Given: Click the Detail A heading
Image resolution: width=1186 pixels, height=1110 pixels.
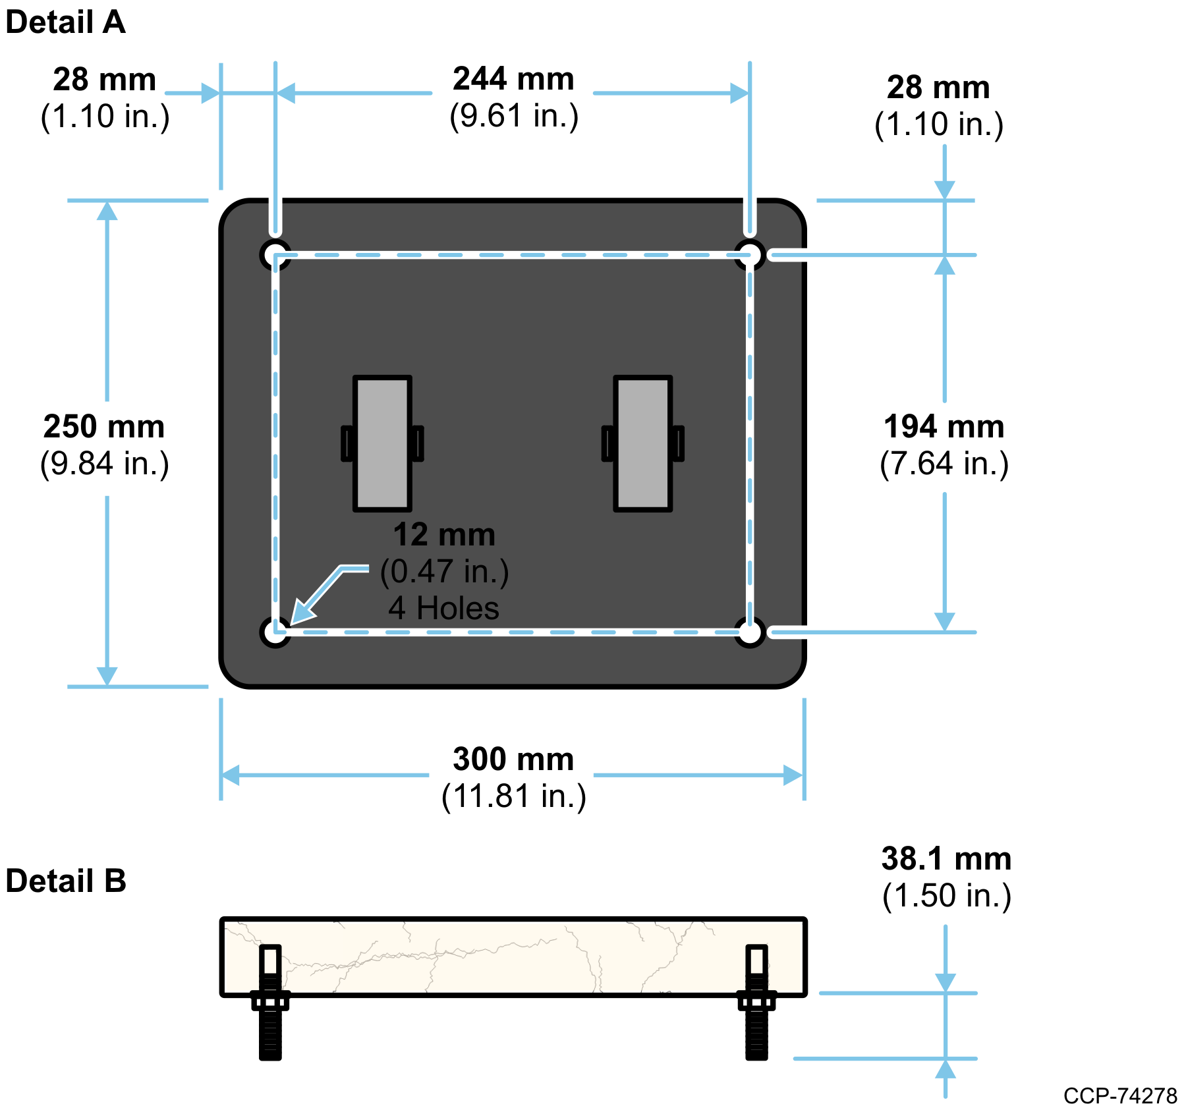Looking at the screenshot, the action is coord(65,22).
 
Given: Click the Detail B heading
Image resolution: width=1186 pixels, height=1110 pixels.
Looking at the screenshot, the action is coord(66,881).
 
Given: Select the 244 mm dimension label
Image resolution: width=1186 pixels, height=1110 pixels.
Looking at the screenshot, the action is coord(513,79).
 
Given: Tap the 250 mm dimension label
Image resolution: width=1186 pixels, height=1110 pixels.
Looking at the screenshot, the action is coord(104,427).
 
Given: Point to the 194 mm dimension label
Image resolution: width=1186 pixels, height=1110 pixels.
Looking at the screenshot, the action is coord(944,427).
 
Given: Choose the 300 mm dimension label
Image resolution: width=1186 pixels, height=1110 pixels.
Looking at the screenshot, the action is coord(513,759).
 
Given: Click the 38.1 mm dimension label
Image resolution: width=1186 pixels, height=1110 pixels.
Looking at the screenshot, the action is coord(947,859).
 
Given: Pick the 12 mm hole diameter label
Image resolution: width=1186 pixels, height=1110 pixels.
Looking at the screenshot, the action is coord(445,535).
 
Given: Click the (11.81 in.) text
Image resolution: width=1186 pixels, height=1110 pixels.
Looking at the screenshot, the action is coord(514,796).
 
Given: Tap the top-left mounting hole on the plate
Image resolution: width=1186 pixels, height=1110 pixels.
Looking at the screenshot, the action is coord(275,255).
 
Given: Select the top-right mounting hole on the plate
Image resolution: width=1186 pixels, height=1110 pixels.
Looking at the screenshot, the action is coord(750,255).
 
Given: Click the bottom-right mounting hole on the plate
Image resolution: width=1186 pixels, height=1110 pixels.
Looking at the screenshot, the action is coord(750,632).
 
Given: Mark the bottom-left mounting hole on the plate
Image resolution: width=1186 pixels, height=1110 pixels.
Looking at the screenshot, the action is coord(275,632).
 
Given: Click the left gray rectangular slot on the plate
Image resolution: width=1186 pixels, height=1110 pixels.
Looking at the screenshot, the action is coord(383,443).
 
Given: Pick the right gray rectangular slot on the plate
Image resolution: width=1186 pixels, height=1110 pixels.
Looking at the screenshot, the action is coord(643,443).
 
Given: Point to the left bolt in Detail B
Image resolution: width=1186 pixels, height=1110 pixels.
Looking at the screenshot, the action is coord(270,1001).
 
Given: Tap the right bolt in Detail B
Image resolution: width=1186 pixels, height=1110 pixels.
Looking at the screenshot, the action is coord(756,1001).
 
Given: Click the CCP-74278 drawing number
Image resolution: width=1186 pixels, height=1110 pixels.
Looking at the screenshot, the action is coord(1120,1096).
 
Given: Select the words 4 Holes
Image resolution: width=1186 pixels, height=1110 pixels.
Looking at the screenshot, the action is coord(444,608).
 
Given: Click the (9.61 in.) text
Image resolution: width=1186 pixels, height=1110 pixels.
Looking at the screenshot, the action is coord(514,116).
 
